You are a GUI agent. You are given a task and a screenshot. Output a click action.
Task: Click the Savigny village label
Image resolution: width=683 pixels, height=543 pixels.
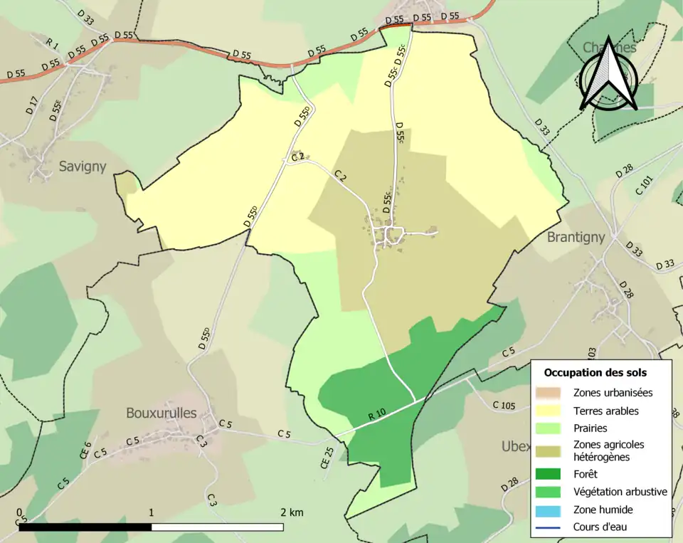click(x=83, y=167)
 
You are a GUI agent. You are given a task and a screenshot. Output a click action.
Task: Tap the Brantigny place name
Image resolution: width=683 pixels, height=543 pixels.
click(x=576, y=237)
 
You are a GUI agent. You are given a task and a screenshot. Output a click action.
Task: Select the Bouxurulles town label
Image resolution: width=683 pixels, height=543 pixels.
click(x=161, y=412)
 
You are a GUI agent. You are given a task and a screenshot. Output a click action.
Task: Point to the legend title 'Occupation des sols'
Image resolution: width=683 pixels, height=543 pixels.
click(x=595, y=372)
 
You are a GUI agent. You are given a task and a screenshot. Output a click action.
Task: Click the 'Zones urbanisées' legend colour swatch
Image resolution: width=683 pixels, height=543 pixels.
click(x=550, y=392)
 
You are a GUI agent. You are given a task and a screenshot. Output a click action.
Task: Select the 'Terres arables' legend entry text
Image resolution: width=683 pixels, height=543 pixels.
click(x=605, y=411)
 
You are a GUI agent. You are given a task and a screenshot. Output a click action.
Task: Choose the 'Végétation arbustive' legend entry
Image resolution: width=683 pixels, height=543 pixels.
click(x=620, y=491)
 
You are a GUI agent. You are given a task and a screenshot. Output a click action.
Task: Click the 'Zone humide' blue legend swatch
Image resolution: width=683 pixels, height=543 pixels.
click(x=550, y=510)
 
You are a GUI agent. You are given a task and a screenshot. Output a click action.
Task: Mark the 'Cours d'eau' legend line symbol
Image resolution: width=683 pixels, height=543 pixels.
click(x=550, y=527)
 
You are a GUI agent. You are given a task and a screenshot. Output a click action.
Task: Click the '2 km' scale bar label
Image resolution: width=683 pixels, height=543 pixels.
click(x=292, y=512)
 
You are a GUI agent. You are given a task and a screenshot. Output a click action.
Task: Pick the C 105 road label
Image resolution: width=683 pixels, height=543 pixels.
click(x=504, y=405)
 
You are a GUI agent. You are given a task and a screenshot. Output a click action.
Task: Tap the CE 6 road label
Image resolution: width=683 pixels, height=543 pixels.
click(x=85, y=450)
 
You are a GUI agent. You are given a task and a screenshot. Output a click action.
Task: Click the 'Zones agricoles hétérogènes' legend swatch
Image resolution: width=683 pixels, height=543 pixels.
click(x=550, y=450)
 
